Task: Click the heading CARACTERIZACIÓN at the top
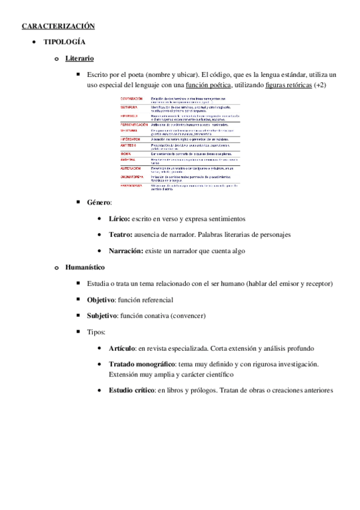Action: [x=59, y=26]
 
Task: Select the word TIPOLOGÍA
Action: [x=64, y=42]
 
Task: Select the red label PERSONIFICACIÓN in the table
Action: [x=133, y=124]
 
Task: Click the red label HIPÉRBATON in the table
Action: [x=130, y=138]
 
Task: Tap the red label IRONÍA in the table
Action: [x=125, y=153]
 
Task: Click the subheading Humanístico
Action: [x=85, y=267]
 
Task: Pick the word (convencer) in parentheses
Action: [x=187, y=315]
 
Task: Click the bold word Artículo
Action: [x=123, y=348]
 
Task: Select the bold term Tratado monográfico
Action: [x=142, y=364]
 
